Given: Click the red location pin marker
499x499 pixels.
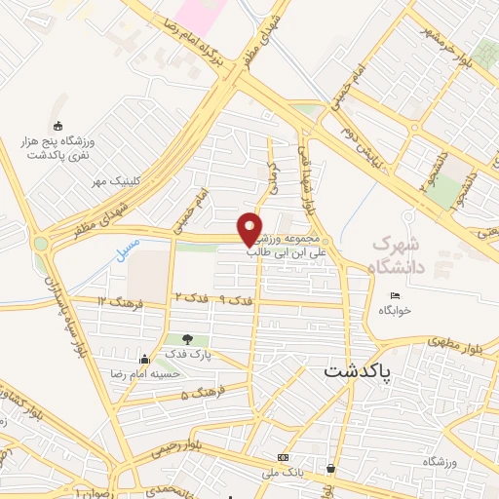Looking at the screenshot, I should [x=250, y=229].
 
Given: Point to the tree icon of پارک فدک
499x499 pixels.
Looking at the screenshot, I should [x=187, y=338].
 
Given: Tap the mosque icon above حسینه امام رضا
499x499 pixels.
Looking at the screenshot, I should [x=144, y=358].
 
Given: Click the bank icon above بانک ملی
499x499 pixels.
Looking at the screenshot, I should [x=283, y=457].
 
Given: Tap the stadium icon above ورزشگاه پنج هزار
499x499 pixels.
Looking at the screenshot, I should [x=58, y=126].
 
